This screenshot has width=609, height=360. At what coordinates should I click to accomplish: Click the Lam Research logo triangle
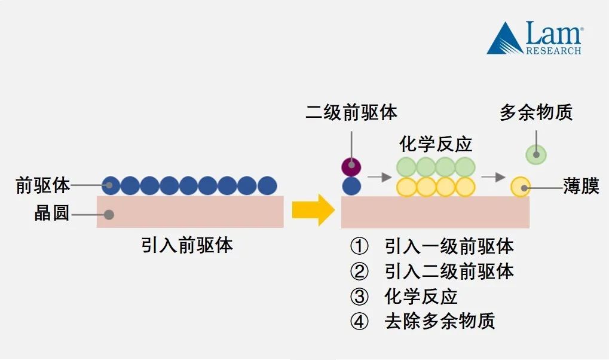pyautogui.click(x=504, y=41)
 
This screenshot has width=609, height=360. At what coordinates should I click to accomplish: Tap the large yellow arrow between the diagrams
pyautogui.click(x=314, y=210)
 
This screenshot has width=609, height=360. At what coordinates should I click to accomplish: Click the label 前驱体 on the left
pyautogui.click(x=43, y=185)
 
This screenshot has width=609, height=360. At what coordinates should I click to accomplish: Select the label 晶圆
pyautogui.click(x=52, y=213)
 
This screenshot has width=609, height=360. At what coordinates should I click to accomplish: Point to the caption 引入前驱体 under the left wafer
pyautogui.click(x=186, y=245)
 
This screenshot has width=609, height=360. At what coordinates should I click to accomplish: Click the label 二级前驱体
pyautogui.click(x=351, y=112)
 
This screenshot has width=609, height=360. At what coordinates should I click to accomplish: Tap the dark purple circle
pyautogui.click(x=351, y=166)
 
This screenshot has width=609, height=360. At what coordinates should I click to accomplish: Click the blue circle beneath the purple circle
pyautogui.click(x=351, y=186)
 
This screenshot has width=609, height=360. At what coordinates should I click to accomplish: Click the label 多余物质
pyautogui.click(x=536, y=112)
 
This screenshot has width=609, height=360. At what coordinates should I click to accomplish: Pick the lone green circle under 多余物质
pyautogui.click(x=536, y=155)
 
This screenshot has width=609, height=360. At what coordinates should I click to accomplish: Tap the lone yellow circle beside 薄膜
pyautogui.click(x=521, y=187)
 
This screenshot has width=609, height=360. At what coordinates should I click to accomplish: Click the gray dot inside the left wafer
pyautogui.click(x=109, y=214)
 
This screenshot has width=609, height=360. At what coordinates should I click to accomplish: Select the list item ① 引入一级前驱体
pyautogui.click(x=431, y=246)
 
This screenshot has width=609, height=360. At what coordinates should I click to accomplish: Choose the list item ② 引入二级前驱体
pyautogui.click(x=431, y=271)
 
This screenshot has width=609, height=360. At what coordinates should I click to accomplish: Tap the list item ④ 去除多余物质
pyautogui.click(x=423, y=322)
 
